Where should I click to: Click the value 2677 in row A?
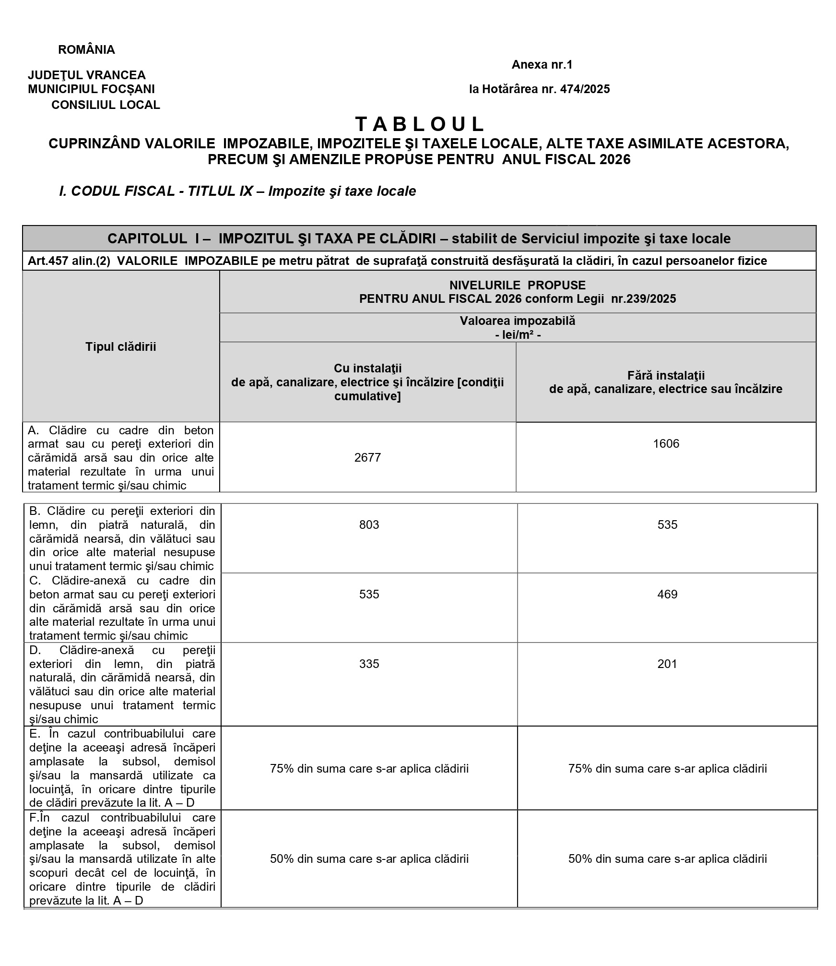tap(367, 457)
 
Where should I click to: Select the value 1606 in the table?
tap(666, 443)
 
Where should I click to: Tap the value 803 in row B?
tap(369, 525)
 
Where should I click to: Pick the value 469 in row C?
tap(667, 594)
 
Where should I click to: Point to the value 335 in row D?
tap(369, 664)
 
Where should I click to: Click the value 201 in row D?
tap(667, 664)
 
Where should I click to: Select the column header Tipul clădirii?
tap(121, 347)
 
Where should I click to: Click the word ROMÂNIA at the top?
tap(86, 50)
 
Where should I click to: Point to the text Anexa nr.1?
tap(542, 65)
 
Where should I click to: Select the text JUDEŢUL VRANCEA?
tap(87, 75)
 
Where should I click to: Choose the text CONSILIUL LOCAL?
tap(106, 105)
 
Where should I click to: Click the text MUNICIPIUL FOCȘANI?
tap(91, 89)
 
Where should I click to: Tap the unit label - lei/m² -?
tap(518, 334)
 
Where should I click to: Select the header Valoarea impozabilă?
tap(518, 321)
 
